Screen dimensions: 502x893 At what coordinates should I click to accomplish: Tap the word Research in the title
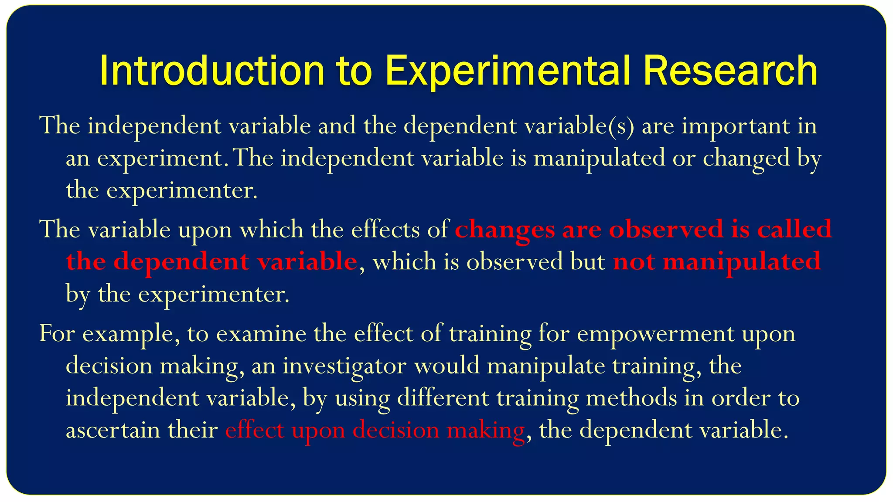pos(730,71)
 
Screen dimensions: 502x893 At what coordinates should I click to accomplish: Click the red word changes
pos(505,230)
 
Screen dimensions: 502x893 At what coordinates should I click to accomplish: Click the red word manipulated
pos(742,262)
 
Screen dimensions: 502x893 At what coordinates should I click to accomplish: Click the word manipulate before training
pos(545,366)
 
